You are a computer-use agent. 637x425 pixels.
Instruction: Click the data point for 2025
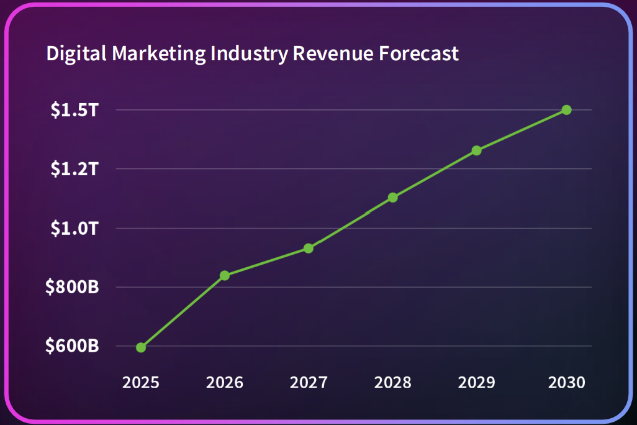pyautogui.click(x=141, y=347)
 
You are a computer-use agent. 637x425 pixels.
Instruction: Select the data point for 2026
pyautogui.click(x=225, y=275)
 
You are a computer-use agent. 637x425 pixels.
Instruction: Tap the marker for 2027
pyautogui.click(x=309, y=249)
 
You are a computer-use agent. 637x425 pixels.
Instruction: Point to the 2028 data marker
pyautogui.click(x=392, y=198)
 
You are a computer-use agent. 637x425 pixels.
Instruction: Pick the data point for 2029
pyautogui.click(x=476, y=150)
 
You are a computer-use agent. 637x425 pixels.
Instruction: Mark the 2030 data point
pyautogui.click(x=566, y=110)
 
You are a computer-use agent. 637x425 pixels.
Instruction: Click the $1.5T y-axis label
pyautogui.click(x=75, y=111)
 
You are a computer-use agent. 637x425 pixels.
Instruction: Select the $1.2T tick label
pyautogui.click(x=75, y=169)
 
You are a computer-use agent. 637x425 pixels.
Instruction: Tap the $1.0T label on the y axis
pyautogui.click(x=75, y=229)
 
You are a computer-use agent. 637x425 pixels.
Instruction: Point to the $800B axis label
pyautogui.click(x=72, y=288)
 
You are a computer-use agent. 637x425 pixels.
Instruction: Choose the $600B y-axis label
pyautogui.click(x=72, y=346)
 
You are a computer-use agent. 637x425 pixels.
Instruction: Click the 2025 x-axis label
pyautogui.click(x=141, y=382)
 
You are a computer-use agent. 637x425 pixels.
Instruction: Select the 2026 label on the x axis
pyautogui.click(x=225, y=382)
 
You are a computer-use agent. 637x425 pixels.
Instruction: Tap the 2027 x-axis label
pyautogui.click(x=309, y=382)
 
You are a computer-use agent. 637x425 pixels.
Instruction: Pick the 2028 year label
pyautogui.click(x=392, y=382)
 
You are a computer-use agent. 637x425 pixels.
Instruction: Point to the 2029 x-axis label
pyautogui.click(x=476, y=382)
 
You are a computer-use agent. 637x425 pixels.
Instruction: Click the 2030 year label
pyautogui.click(x=566, y=382)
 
